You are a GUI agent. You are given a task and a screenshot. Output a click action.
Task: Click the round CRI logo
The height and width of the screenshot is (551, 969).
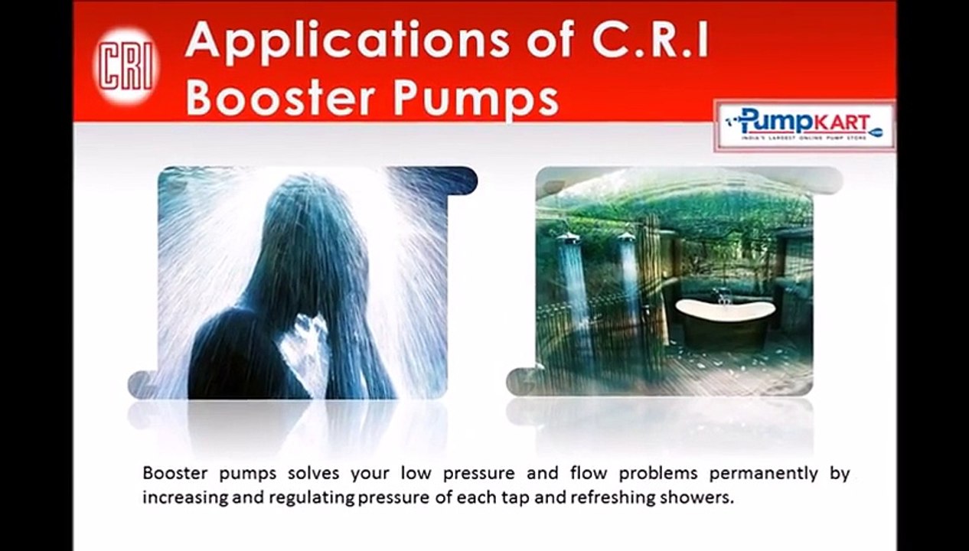pyautogui.click(x=126, y=66)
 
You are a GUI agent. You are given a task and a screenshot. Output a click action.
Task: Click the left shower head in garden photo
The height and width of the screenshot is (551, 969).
pyautogui.click(x=569, y=239)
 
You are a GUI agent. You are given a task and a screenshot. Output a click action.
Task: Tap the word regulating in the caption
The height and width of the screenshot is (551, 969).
pyautogui.click(x=308, y=497)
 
